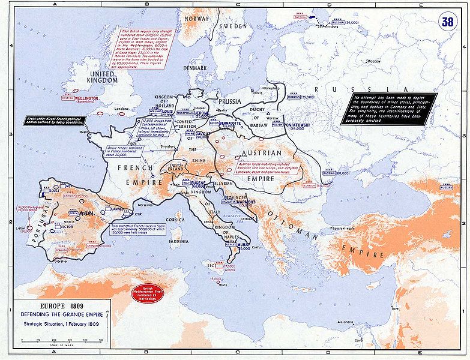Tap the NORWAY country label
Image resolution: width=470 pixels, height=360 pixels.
tap(197, 19)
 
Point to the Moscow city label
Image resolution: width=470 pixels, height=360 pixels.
tap(374, 62)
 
